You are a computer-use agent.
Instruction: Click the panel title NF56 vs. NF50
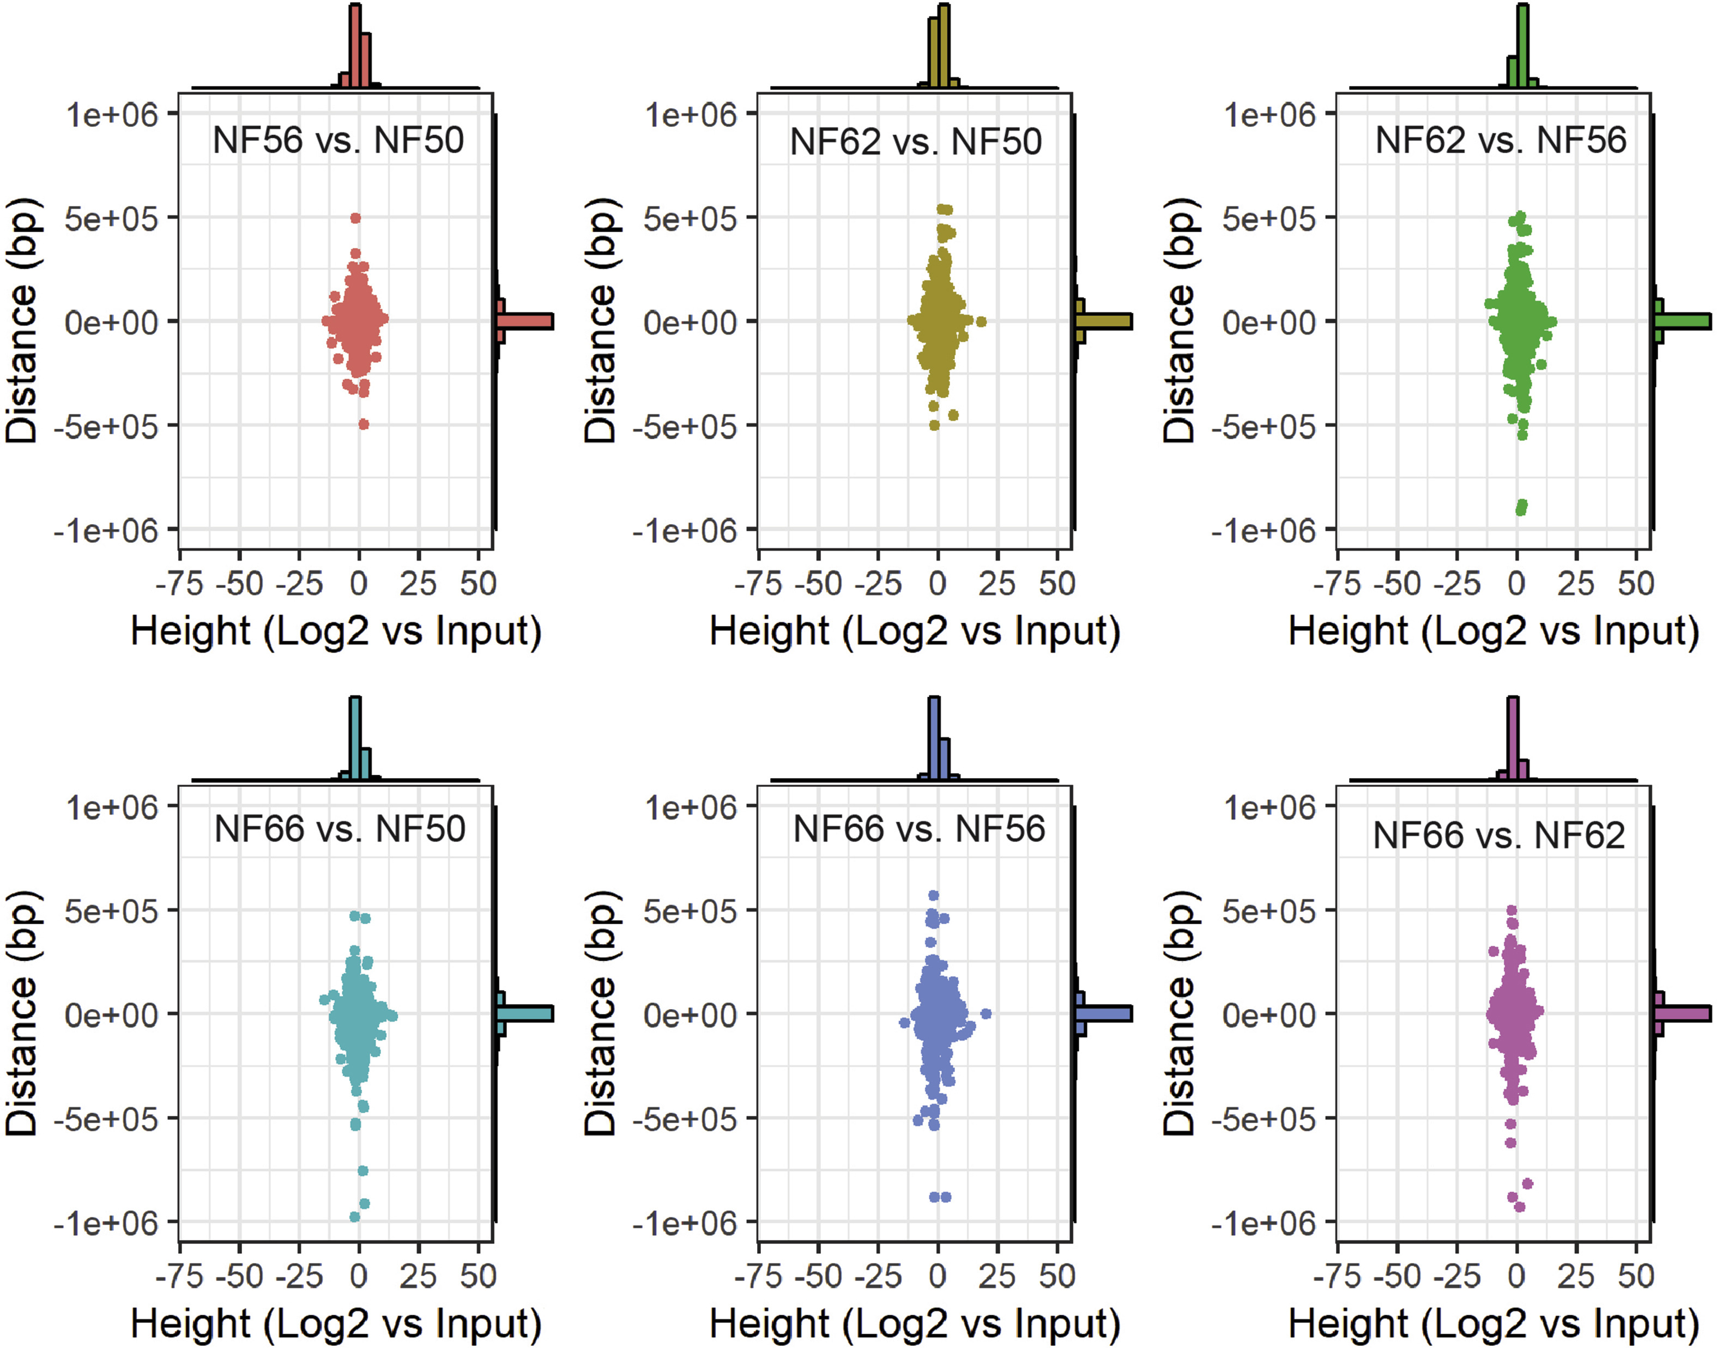(338, 141)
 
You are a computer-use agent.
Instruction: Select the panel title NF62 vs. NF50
(916, 142)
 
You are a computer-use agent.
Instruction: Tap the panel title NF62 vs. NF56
(1501, 141)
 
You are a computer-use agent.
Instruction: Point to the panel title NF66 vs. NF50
(340, 829)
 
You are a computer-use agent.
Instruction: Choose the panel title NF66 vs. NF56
(919, 829)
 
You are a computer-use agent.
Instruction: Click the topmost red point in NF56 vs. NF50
(355, 218)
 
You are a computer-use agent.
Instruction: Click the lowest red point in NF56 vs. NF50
(364, 424)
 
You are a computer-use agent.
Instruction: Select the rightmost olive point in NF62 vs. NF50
(981, 321)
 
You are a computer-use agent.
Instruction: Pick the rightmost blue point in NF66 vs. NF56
(985, 1014)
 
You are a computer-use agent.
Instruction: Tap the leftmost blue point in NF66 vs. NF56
(904, 1023)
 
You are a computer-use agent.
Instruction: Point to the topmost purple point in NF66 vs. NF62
(1512, 910)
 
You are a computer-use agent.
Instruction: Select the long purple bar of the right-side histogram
(1682, 1014)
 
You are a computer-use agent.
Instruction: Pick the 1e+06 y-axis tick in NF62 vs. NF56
(1269, 115)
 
